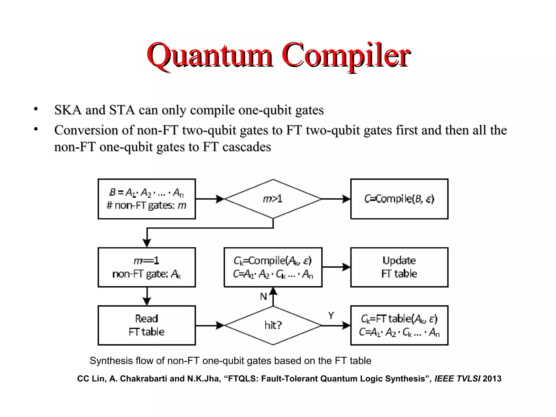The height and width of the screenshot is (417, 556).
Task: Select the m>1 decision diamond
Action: tap(273, 199)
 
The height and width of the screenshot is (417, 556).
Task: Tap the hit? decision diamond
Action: tap(273, 325)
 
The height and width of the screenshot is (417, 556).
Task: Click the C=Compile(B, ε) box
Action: tap(399, 199)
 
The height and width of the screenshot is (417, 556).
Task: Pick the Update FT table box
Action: tap(399, 267)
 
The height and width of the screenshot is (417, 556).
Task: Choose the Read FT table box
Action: tap(147, 325)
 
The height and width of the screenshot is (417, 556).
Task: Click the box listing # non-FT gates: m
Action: tap(147, 199)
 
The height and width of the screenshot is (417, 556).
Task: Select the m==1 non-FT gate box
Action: tap(147, 267)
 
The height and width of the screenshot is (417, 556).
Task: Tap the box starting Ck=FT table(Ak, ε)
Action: tap(399, 325)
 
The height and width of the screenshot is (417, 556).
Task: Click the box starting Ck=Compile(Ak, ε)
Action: tap(273, 267)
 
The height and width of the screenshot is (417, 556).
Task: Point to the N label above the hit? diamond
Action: tap(263, 297)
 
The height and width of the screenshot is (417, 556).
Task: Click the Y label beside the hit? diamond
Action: tap(331, 315)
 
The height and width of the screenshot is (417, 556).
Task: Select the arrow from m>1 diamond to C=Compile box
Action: tap(336, 199)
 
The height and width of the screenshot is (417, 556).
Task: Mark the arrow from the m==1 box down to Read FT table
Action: tap(147, 296)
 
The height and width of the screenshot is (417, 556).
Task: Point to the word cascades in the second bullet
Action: tap(247, 147)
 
